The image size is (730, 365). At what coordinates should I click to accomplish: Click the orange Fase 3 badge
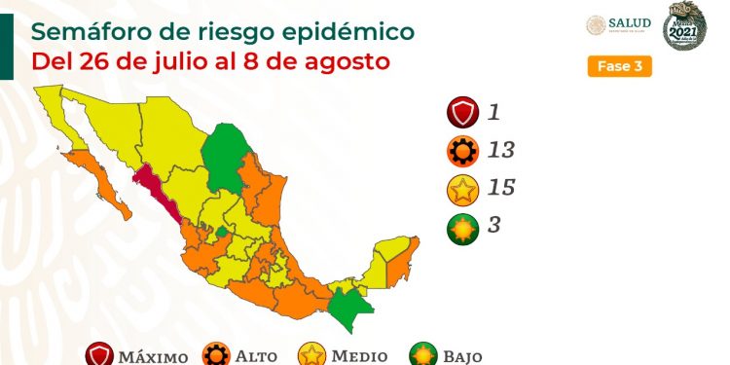(619, 67)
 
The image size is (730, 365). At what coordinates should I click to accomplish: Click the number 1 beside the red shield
(494, 112)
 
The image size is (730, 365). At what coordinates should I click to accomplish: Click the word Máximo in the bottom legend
(154, 356)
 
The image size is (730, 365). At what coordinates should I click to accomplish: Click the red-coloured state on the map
(156, 189)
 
